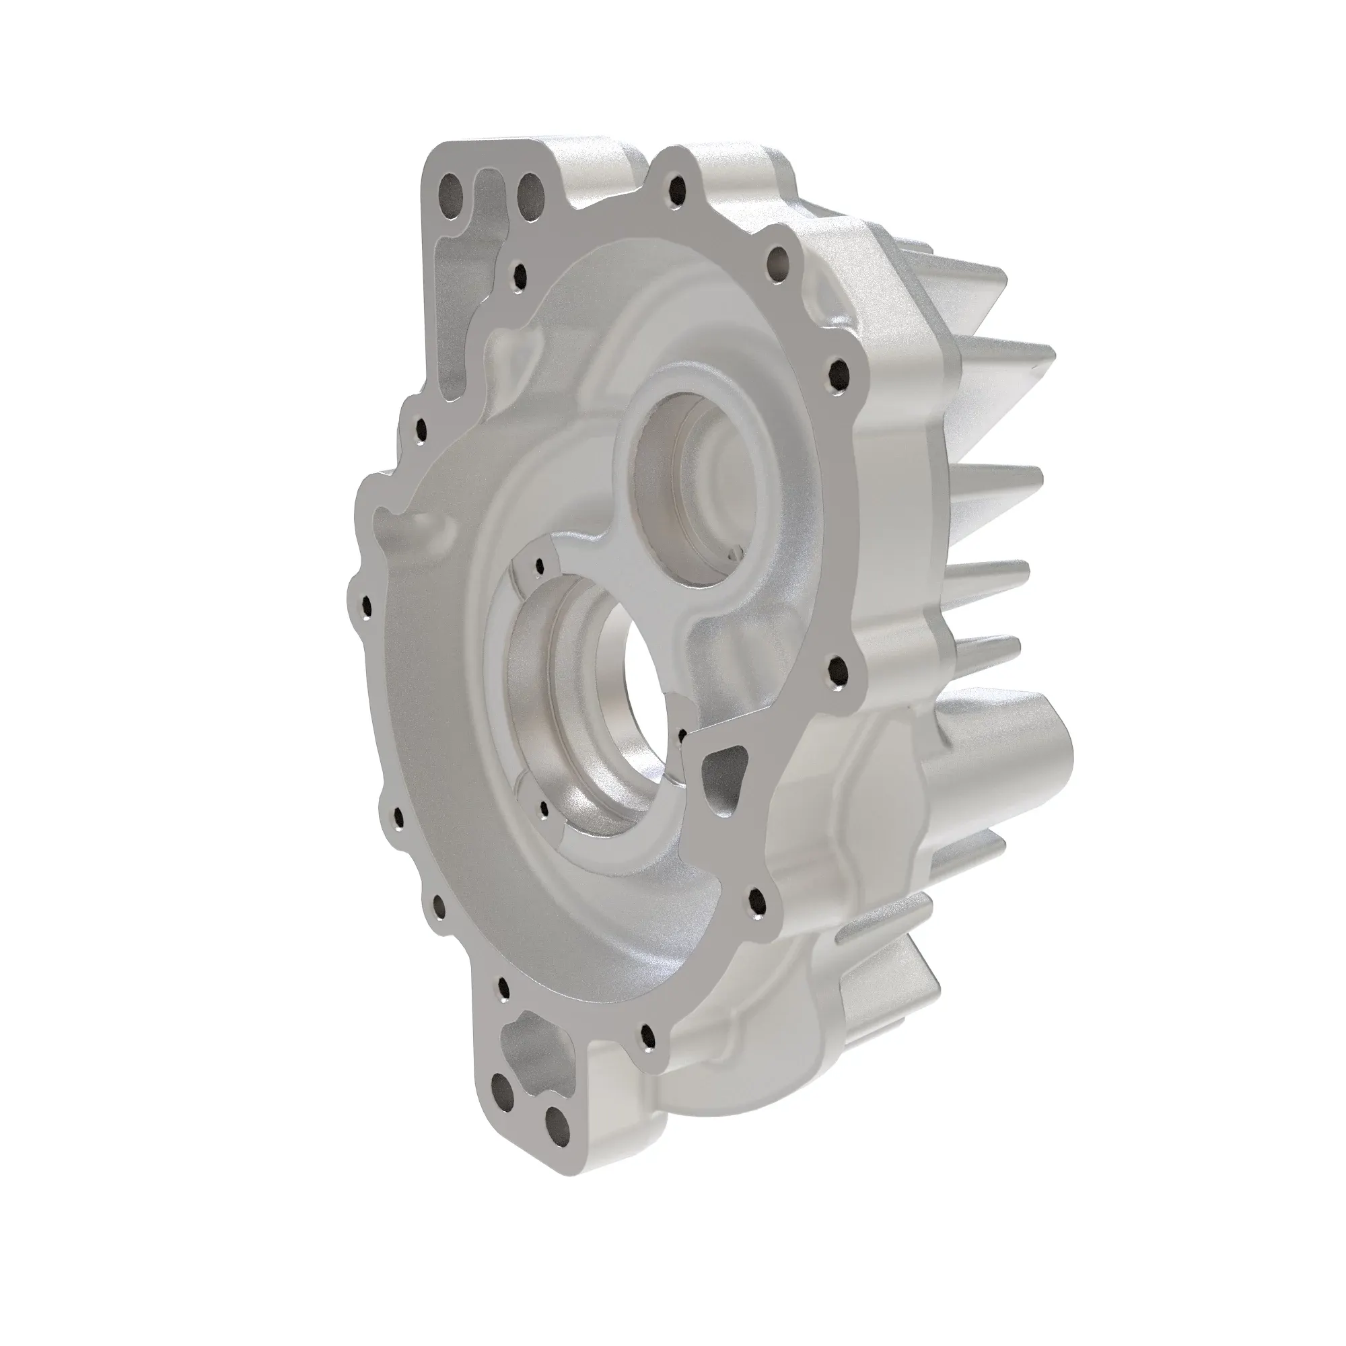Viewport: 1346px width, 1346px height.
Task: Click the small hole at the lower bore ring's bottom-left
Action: click(x=544, y=806)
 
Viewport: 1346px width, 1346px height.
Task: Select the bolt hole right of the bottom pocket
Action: click(x=647, y=1054)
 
